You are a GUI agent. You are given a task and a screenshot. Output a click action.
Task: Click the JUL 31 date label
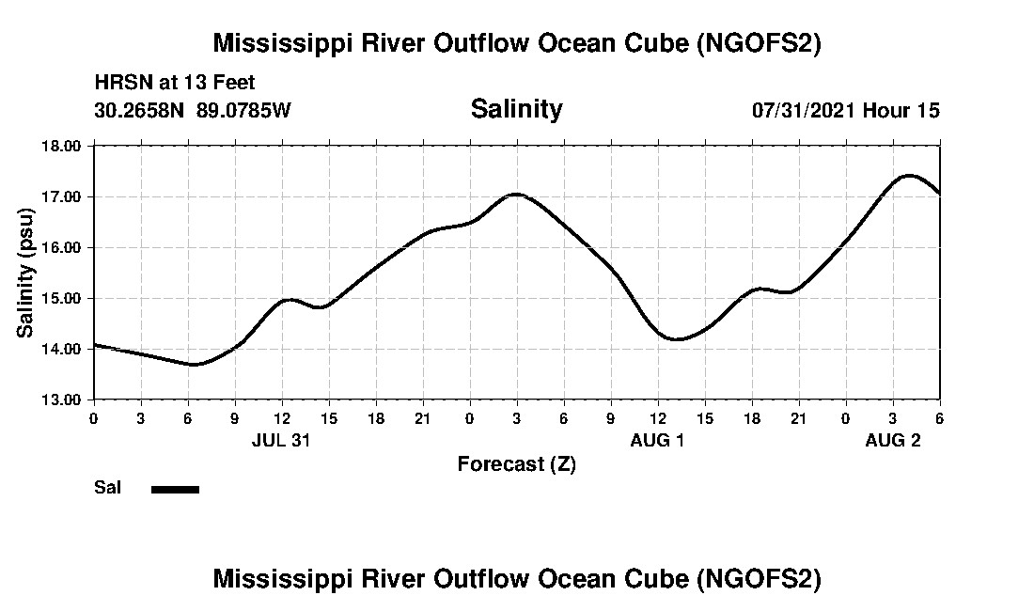click(x=281, y=440)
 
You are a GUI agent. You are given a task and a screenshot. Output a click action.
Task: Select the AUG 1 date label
click(x=657, y=440)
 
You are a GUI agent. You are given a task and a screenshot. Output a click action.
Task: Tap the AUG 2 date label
click(x=892, y=440)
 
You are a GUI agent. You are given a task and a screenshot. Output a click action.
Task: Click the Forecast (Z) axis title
click(x=516, y=464)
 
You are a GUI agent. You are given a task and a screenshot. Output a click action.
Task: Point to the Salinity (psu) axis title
click(x=26, y=273)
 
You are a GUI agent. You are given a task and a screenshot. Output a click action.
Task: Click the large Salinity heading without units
click(x=516, y=109)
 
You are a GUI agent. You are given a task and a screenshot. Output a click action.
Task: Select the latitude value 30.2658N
click(x=141, y=110)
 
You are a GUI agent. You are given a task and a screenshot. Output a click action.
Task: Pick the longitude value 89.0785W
click(x=244, y=110)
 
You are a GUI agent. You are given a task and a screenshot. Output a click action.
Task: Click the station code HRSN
click(x=118, y=84)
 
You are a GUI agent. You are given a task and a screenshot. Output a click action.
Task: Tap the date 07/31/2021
click(x=804, y=110)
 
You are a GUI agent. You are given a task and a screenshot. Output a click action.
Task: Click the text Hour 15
click(x=901, y=110)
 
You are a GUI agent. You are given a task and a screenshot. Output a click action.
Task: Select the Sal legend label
click(x=106, y=488)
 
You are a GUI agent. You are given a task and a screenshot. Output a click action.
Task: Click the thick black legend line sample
click(x=175, y=489)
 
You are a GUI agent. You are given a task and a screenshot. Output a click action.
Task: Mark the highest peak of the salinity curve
click(x=908, y=175)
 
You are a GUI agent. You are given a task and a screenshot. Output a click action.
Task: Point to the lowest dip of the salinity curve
click(x=195, y=364)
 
